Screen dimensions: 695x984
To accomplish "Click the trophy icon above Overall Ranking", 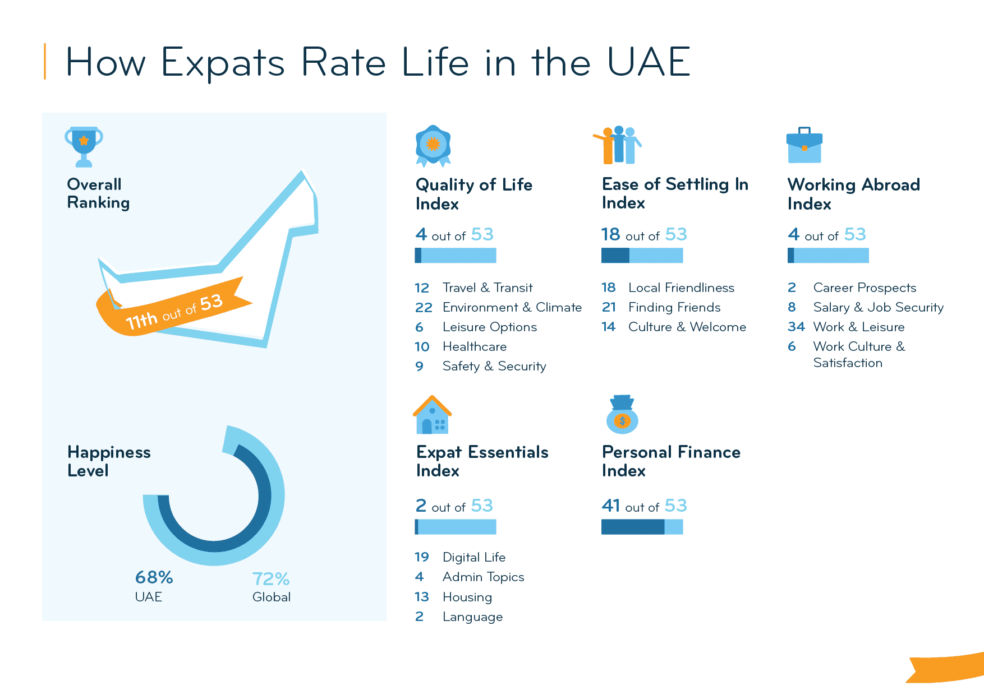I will point(84,146).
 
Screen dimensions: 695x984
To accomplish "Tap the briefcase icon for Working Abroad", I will point(804,146).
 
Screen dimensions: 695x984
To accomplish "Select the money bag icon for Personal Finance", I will point(622,415).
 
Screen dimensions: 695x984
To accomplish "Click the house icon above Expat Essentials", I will point(433,415).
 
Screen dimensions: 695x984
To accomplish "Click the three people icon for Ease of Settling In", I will point(618,145).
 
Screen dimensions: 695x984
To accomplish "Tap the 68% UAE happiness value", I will point(154,577).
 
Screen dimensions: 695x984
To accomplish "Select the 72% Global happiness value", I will point(271,578).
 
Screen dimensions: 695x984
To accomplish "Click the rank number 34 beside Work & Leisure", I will point(796,327).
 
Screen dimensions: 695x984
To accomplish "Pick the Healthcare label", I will point(474,347).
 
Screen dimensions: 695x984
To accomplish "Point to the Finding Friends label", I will point(674,307).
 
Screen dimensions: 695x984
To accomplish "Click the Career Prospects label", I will point(865,288).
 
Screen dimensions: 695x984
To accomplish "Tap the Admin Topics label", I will point(483,577).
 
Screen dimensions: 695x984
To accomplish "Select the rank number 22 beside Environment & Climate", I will point(424,308).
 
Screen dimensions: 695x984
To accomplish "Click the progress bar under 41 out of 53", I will point(642,527).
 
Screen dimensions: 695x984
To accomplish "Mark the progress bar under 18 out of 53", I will point(642,256).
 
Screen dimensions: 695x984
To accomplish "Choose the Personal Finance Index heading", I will point(671,461).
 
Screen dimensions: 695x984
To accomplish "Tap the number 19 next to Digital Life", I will point(422,557).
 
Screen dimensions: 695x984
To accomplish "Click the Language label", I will point(472,617).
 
